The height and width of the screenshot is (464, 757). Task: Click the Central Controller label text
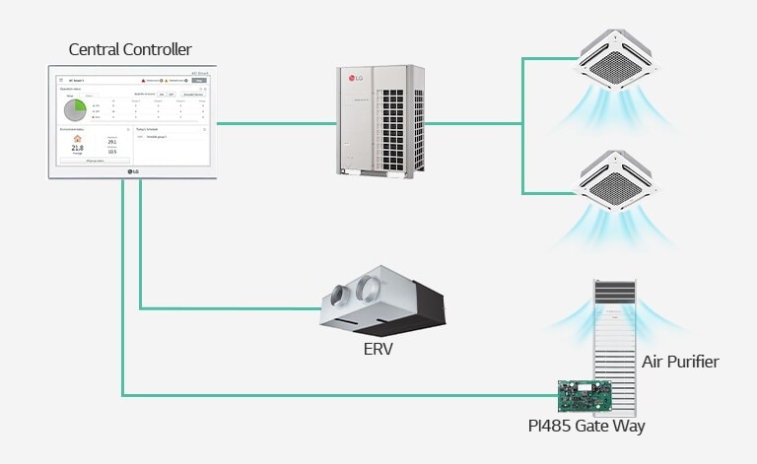coord(130,49)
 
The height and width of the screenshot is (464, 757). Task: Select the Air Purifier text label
coord(680,362)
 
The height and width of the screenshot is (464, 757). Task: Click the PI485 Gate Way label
coord(586,426)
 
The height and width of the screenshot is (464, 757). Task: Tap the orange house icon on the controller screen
coord(78,138)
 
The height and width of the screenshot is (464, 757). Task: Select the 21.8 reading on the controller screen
coord(78,148)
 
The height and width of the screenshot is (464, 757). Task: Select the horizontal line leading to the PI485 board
coord(335,396)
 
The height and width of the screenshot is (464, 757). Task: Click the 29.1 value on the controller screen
coord(112,142)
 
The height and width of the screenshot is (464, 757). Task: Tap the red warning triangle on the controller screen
coord(143,78)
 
